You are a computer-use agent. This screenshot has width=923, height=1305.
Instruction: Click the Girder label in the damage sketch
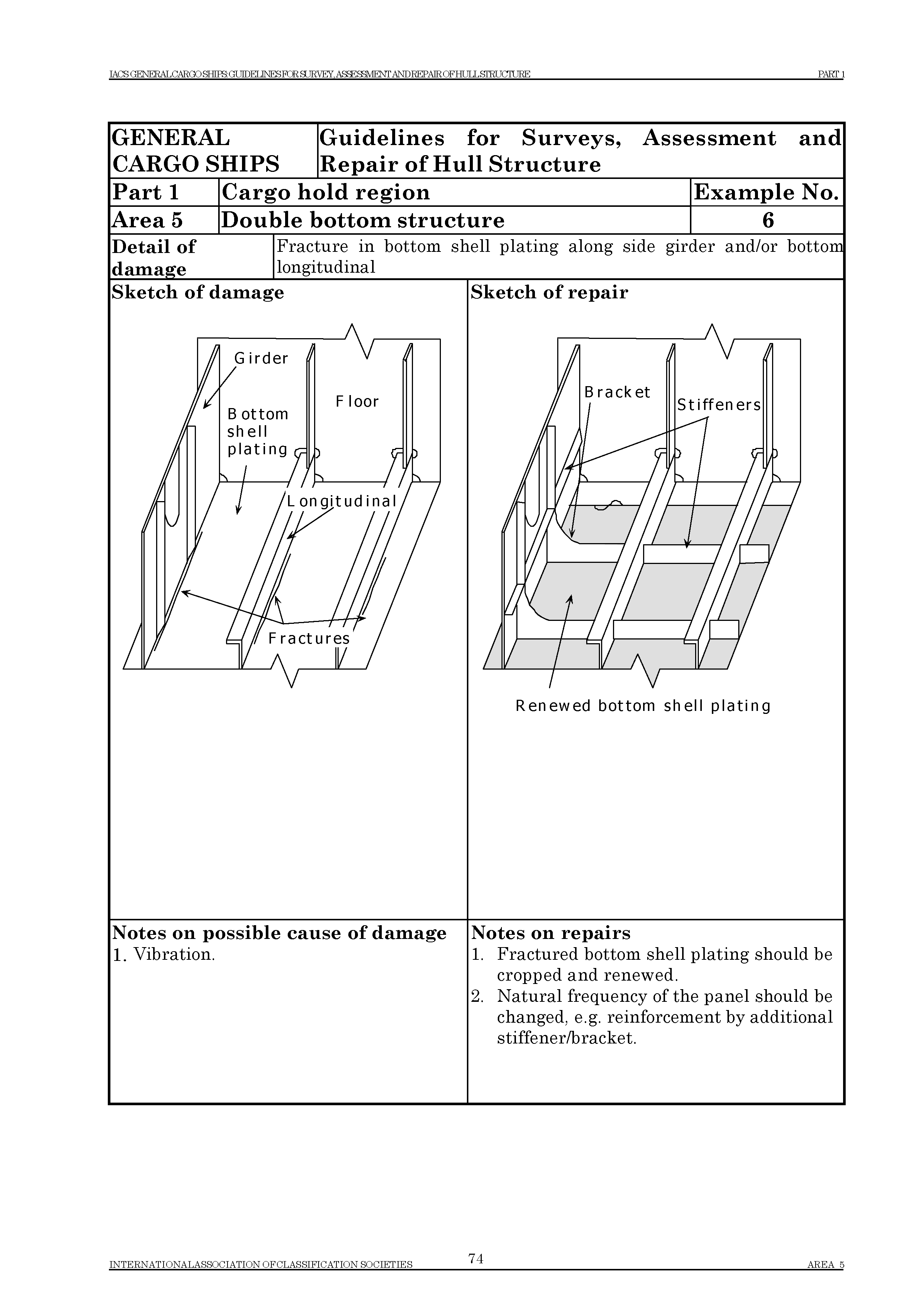click(x=261, y=358)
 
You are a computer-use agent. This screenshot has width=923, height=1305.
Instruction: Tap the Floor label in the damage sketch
click(x=357, y=401)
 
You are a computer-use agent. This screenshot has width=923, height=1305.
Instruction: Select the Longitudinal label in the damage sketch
click(x=341, y=501)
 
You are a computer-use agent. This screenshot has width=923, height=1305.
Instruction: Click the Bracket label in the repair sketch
click(x=617, y=392)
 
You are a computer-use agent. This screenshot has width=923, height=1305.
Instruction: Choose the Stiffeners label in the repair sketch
click(x=719, y=405)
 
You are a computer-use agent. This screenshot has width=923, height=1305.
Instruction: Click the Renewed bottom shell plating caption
click(x=643, y=706)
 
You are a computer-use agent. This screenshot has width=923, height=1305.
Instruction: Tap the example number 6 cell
click(x=767, y=220)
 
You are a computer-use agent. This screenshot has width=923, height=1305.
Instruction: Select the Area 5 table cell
click(x=148, y=220)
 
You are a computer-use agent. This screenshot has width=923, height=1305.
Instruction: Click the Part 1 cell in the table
click(x=146, y=192)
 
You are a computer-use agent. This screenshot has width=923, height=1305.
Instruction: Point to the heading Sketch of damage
click(x=198, y=292)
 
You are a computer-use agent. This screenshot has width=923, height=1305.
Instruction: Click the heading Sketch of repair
click(x=549, y=292)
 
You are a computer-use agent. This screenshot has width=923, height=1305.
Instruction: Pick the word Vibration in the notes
click(x=173, y=955)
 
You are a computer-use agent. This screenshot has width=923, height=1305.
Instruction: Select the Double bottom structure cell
click(x=362, y=220)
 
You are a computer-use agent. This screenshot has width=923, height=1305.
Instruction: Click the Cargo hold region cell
click(x=326, y=192)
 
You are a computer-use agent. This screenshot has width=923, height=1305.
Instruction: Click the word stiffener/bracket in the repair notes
click(x=567, y=1038)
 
